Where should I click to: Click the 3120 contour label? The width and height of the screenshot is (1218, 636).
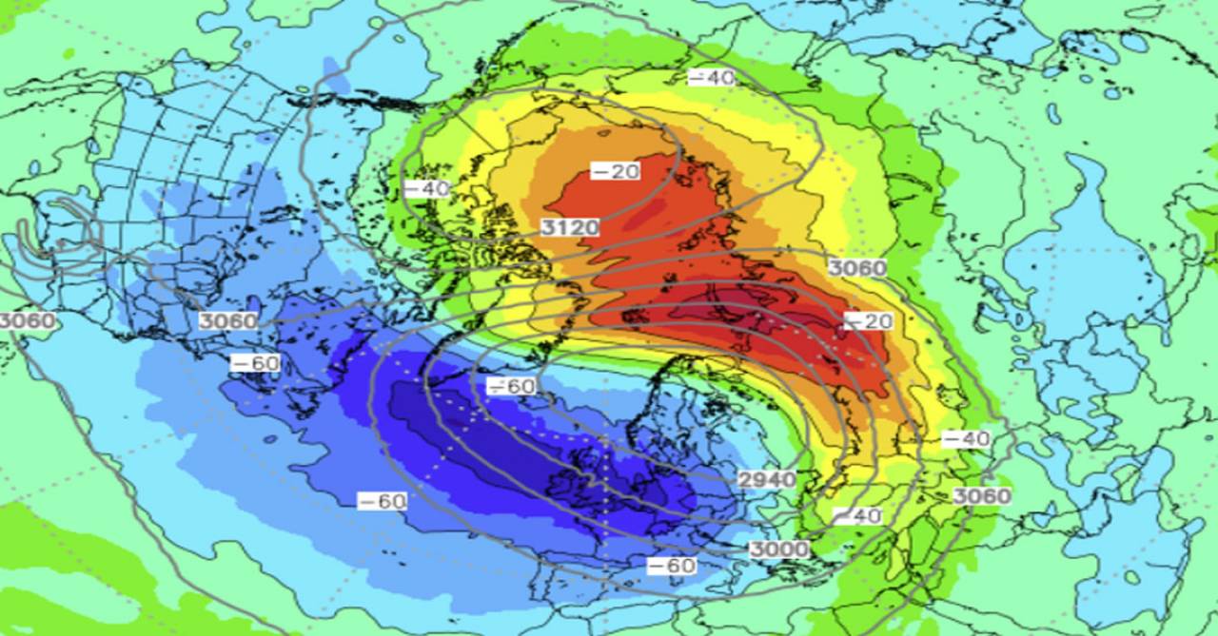click(x=570, y=226)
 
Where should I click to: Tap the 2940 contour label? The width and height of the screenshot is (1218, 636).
click(x=767, y=478)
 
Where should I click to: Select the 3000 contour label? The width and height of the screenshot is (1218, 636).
click(x=778, y=549)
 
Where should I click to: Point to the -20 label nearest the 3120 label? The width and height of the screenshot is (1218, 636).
click(x=615, y=171)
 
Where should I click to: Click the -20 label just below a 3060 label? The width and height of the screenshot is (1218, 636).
click(x=867, y=321)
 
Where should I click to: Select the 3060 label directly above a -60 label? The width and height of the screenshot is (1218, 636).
click(x=227, y=320)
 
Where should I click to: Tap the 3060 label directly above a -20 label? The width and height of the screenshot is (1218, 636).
click(x=856, y=268)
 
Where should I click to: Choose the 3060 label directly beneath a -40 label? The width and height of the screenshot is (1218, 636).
click(x=981, y=495)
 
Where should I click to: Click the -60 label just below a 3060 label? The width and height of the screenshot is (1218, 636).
click(x=255, y=363)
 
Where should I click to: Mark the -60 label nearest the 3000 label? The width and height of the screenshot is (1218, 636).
click(x=672, y=567)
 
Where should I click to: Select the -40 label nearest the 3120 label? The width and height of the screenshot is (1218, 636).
click(x=425, y=188)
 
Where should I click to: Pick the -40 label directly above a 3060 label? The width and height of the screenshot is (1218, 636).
click(x=966, y=439)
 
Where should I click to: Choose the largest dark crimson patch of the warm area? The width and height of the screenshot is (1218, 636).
click(x=761, y=323)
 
